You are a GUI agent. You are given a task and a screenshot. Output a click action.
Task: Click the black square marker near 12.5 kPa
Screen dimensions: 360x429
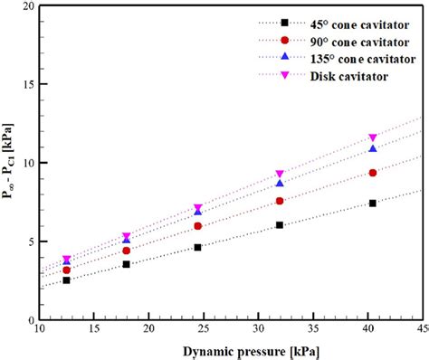66,280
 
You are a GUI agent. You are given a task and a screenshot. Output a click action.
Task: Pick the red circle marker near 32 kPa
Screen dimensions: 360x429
280,201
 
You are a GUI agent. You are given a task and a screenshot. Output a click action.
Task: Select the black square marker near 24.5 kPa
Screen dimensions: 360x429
197,247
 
